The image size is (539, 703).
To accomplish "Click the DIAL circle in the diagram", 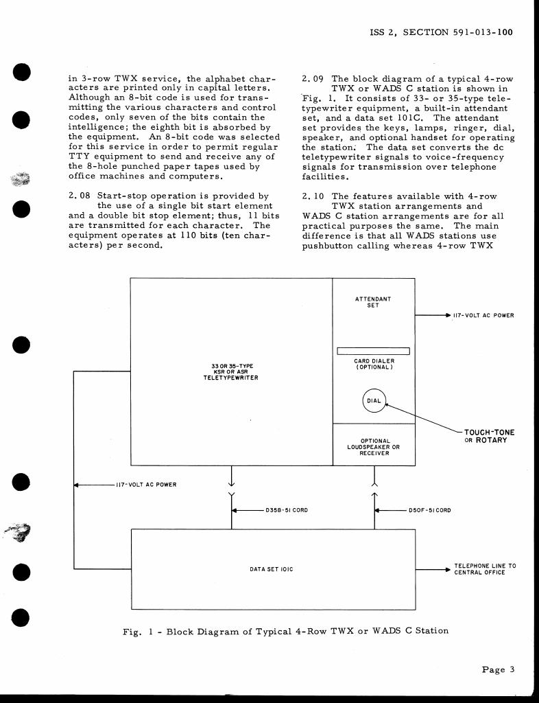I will click(374, 402).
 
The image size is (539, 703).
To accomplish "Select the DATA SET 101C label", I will click(272, 568).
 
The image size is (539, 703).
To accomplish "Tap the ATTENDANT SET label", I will click(373, 302).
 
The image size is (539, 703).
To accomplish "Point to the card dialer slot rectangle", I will click(373, 351).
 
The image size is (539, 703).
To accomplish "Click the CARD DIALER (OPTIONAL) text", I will click(373, 365).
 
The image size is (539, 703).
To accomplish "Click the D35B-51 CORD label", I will click(280, 511).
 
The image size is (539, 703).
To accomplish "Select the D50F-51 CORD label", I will click(429, 511).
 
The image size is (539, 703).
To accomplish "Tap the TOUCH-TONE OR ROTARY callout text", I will click(489, 436).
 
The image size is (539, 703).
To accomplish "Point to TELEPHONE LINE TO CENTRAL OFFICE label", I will click(485, 568).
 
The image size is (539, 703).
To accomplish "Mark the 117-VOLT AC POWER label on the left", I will click(145, 485).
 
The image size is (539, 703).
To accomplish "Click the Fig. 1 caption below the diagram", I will click(285, 630).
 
